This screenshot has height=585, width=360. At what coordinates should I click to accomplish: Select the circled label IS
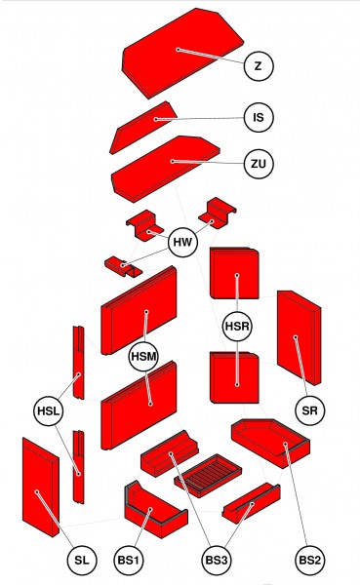[x=258, y=117]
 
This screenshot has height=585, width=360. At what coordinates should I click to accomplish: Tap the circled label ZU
[x=258, y=163]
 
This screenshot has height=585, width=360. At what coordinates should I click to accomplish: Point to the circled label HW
[x=182, y=242]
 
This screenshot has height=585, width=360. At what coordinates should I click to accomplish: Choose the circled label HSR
[x=237, y=325]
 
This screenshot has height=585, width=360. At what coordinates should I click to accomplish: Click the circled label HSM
[x=144, y=357]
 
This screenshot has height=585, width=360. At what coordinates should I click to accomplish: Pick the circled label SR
[x=310, y=411]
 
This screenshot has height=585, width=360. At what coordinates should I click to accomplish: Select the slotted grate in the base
[x=207, y=479]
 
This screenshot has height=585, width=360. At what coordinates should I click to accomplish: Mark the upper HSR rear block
[x=235, y=273]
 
